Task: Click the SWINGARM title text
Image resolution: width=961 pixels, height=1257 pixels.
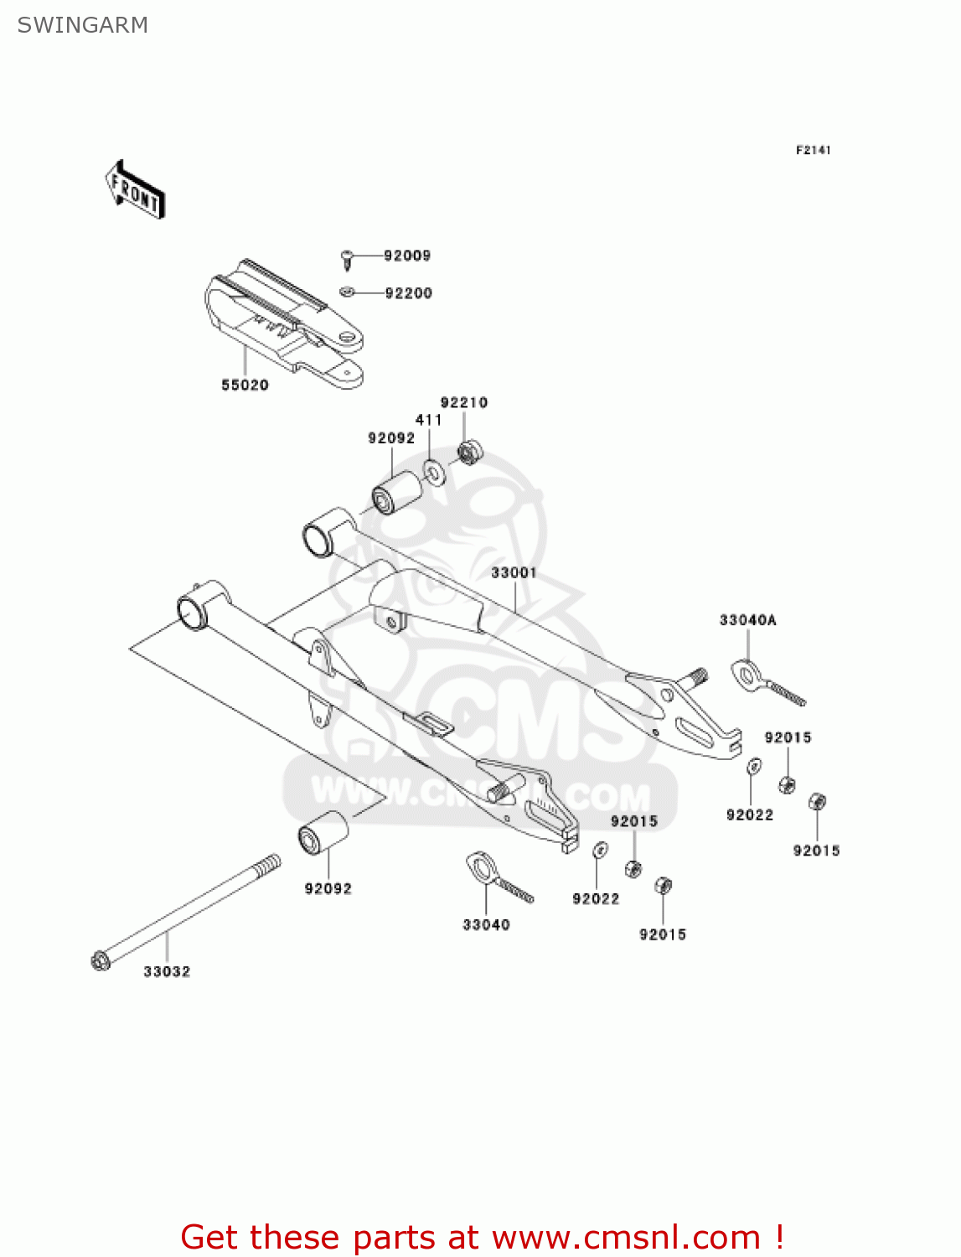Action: pos(82,25)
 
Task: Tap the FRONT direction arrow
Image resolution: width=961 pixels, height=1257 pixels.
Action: pos(135,191)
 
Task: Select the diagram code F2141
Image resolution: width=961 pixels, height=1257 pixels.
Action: pos(813,150)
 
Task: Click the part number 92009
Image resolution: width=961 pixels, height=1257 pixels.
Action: pos(407,256)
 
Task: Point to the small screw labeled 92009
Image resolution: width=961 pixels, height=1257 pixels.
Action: pos(348,257)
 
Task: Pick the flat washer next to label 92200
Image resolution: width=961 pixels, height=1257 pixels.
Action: pos(347,292)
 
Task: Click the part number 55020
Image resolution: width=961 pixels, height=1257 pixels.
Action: pos(245,385)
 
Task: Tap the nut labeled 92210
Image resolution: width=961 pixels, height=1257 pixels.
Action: pos(468,452)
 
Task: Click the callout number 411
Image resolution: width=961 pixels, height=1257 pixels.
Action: pos(428,420)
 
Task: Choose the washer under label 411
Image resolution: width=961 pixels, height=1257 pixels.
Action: pos(434,473)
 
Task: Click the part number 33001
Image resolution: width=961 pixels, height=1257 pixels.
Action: pos(514,572)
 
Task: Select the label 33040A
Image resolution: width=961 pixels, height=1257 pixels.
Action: pos(747,620)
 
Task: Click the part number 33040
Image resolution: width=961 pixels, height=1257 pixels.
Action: pos(486,924)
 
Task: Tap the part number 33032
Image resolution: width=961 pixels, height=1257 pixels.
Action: pos(167,971)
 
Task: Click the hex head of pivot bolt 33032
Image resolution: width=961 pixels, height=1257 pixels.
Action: pos(100,960)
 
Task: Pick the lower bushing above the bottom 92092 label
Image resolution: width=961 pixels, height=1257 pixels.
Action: pos(323,833)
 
